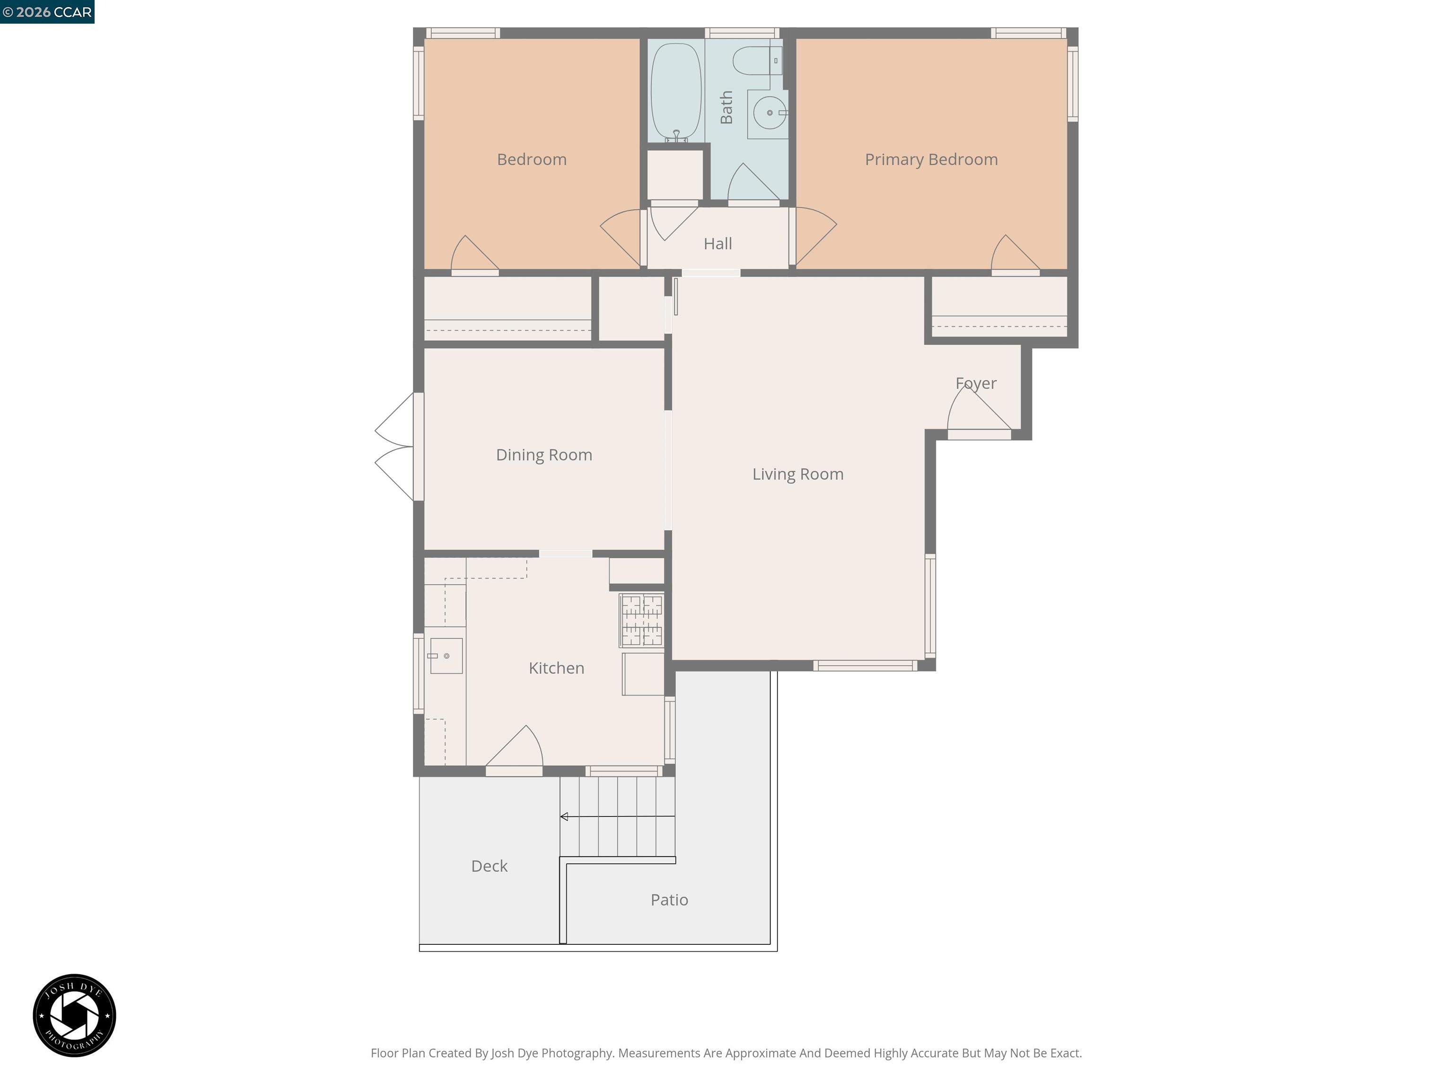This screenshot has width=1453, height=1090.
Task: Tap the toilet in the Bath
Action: [x=754, y=61]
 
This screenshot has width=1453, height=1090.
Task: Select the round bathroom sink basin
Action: [x=769, y=113]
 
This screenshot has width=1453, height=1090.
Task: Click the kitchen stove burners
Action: [x=642, y=620]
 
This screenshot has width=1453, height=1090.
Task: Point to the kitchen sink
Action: [x=446, y=656]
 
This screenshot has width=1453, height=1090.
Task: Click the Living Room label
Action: [x=797, y=475]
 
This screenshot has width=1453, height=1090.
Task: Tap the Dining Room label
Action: [x=544, y=455]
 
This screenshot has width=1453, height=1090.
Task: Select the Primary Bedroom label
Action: [x=931, y=159]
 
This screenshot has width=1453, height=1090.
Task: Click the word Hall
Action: [x=718, y=244]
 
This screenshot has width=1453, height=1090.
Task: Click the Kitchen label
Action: [x=556, y=668]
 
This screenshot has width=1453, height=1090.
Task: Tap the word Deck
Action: [x=490, y=866]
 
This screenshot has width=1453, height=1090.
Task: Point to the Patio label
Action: [x=669, y=900]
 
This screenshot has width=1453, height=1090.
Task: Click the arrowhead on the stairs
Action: [x=564, y=817]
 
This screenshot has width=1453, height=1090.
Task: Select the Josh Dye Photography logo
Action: [x=74, y=1015]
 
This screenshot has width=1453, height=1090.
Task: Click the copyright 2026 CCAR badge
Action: [x=47, y=12]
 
